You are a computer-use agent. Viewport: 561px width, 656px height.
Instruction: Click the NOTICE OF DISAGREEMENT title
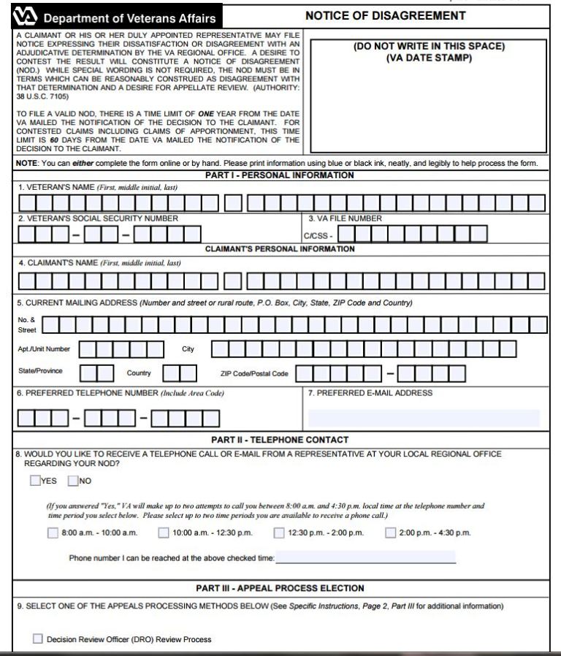point(385,15)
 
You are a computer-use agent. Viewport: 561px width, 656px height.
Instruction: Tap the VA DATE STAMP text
point(429,58)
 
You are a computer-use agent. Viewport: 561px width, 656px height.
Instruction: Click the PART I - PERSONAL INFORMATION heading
point(280,175)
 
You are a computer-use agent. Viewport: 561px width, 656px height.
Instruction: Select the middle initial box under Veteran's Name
point(233,203)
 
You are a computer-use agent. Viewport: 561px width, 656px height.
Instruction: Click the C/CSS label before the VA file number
point(318,236)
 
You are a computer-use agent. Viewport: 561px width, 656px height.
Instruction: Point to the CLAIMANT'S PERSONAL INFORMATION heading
point(280,249)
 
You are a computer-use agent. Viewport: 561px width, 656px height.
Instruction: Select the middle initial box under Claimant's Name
point(233,281)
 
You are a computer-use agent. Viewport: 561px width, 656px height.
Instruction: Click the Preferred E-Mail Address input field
point(424,418)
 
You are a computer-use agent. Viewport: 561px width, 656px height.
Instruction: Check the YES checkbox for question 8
point(36,481)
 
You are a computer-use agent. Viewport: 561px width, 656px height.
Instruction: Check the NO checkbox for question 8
point(73,481)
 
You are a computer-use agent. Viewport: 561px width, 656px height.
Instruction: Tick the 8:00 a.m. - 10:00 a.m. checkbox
point(53,533)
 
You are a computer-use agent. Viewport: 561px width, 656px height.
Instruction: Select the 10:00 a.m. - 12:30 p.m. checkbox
point(164,533)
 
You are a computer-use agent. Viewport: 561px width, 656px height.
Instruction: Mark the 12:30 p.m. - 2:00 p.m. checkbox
point(279,533)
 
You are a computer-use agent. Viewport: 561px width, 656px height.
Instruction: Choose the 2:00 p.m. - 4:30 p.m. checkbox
point(391,533)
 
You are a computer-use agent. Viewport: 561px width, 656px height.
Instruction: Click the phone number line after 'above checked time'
point(365,558)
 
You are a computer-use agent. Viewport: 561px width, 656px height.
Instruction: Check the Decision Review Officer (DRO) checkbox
point(38,639)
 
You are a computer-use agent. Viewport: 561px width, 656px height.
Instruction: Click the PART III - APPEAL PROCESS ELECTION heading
point(280,588)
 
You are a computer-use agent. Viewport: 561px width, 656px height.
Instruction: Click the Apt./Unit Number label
point(45,349)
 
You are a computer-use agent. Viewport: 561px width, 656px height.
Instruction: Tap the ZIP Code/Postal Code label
point(254,374)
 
